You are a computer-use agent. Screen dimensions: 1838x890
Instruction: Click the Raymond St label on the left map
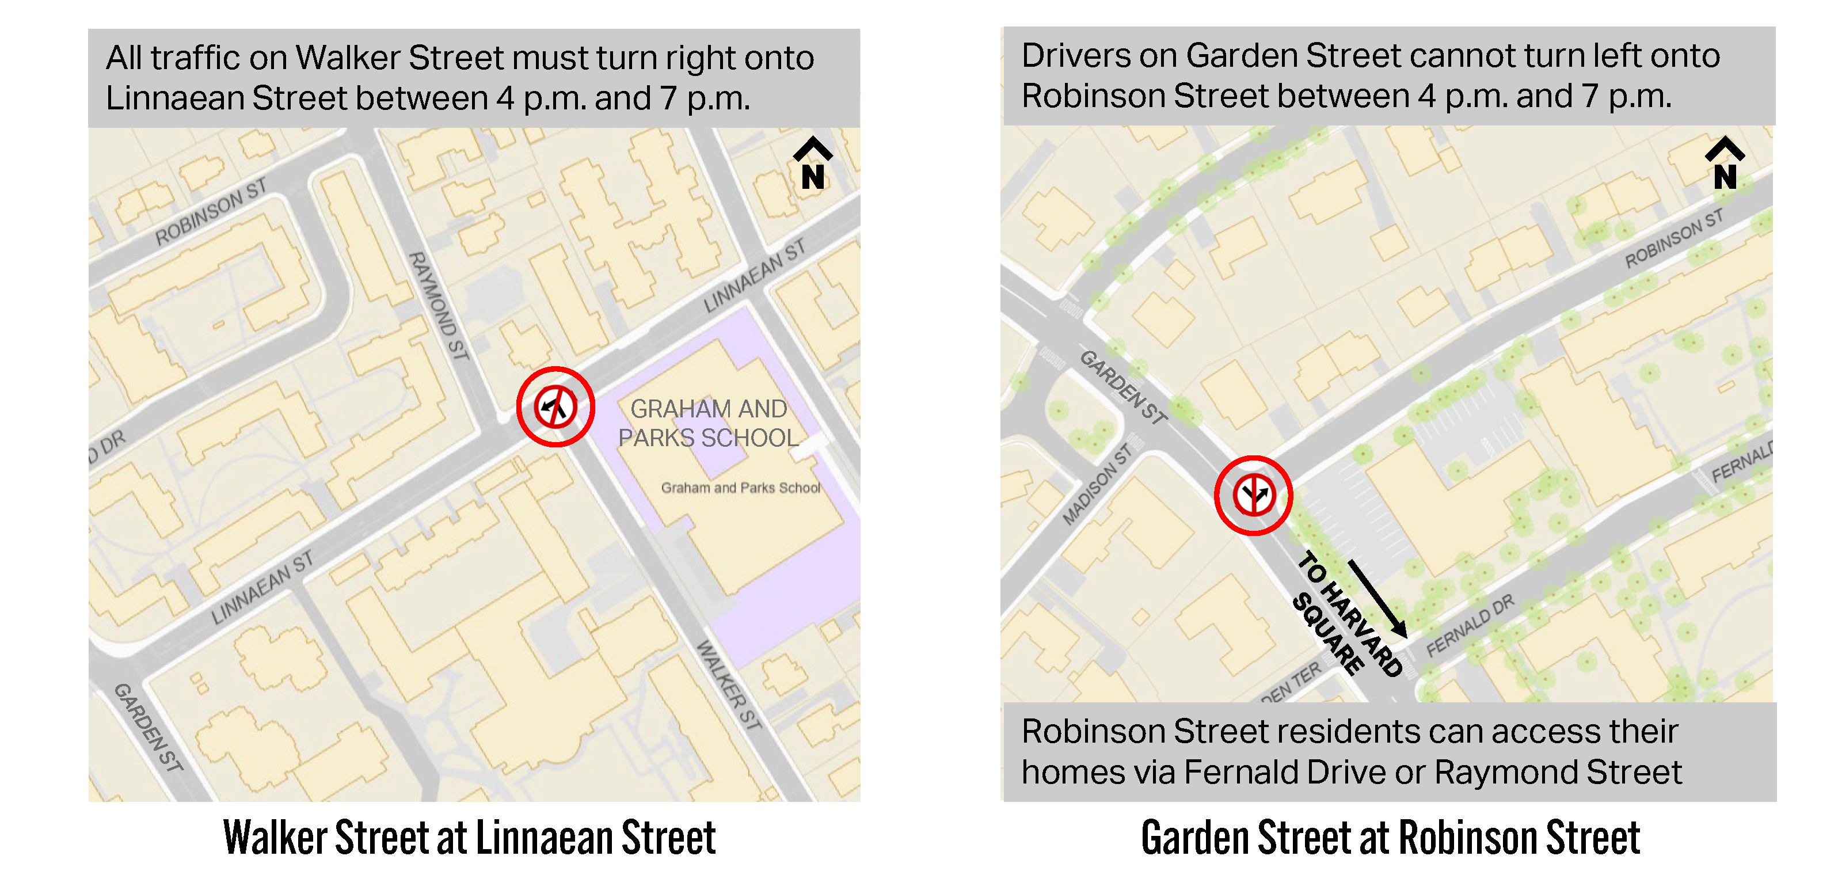(438, 306)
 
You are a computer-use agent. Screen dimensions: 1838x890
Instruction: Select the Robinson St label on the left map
(211, 211)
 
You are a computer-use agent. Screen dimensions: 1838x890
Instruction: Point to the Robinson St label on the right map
(1673, 238)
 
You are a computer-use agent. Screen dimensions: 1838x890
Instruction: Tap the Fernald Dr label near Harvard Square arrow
(1469, 626)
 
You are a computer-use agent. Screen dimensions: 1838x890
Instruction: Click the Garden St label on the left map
(149, 727)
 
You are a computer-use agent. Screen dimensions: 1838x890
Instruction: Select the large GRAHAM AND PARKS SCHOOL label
(709, 423)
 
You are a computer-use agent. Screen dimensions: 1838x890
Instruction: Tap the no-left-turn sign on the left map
(555, 407)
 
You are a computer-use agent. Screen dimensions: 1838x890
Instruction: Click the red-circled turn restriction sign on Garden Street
(1253, 495)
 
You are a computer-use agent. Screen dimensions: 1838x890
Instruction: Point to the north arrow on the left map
(813, 163)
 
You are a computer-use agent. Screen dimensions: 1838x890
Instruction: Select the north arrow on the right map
(1725, 163)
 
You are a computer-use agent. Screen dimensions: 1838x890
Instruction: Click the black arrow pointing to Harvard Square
(1377, 599)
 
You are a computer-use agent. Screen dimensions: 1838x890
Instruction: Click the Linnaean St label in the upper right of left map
(754, 276)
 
